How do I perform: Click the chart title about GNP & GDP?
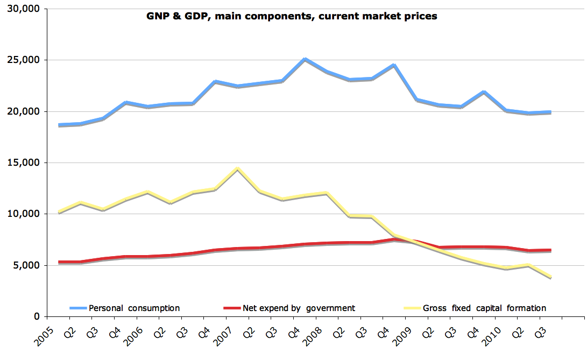pos(292,16)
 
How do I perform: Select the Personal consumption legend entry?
pos(134,308)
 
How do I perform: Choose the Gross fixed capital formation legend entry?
pos(484,308)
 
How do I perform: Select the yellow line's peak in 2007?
pos(237,169)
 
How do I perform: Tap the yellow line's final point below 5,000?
pos(550,277)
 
